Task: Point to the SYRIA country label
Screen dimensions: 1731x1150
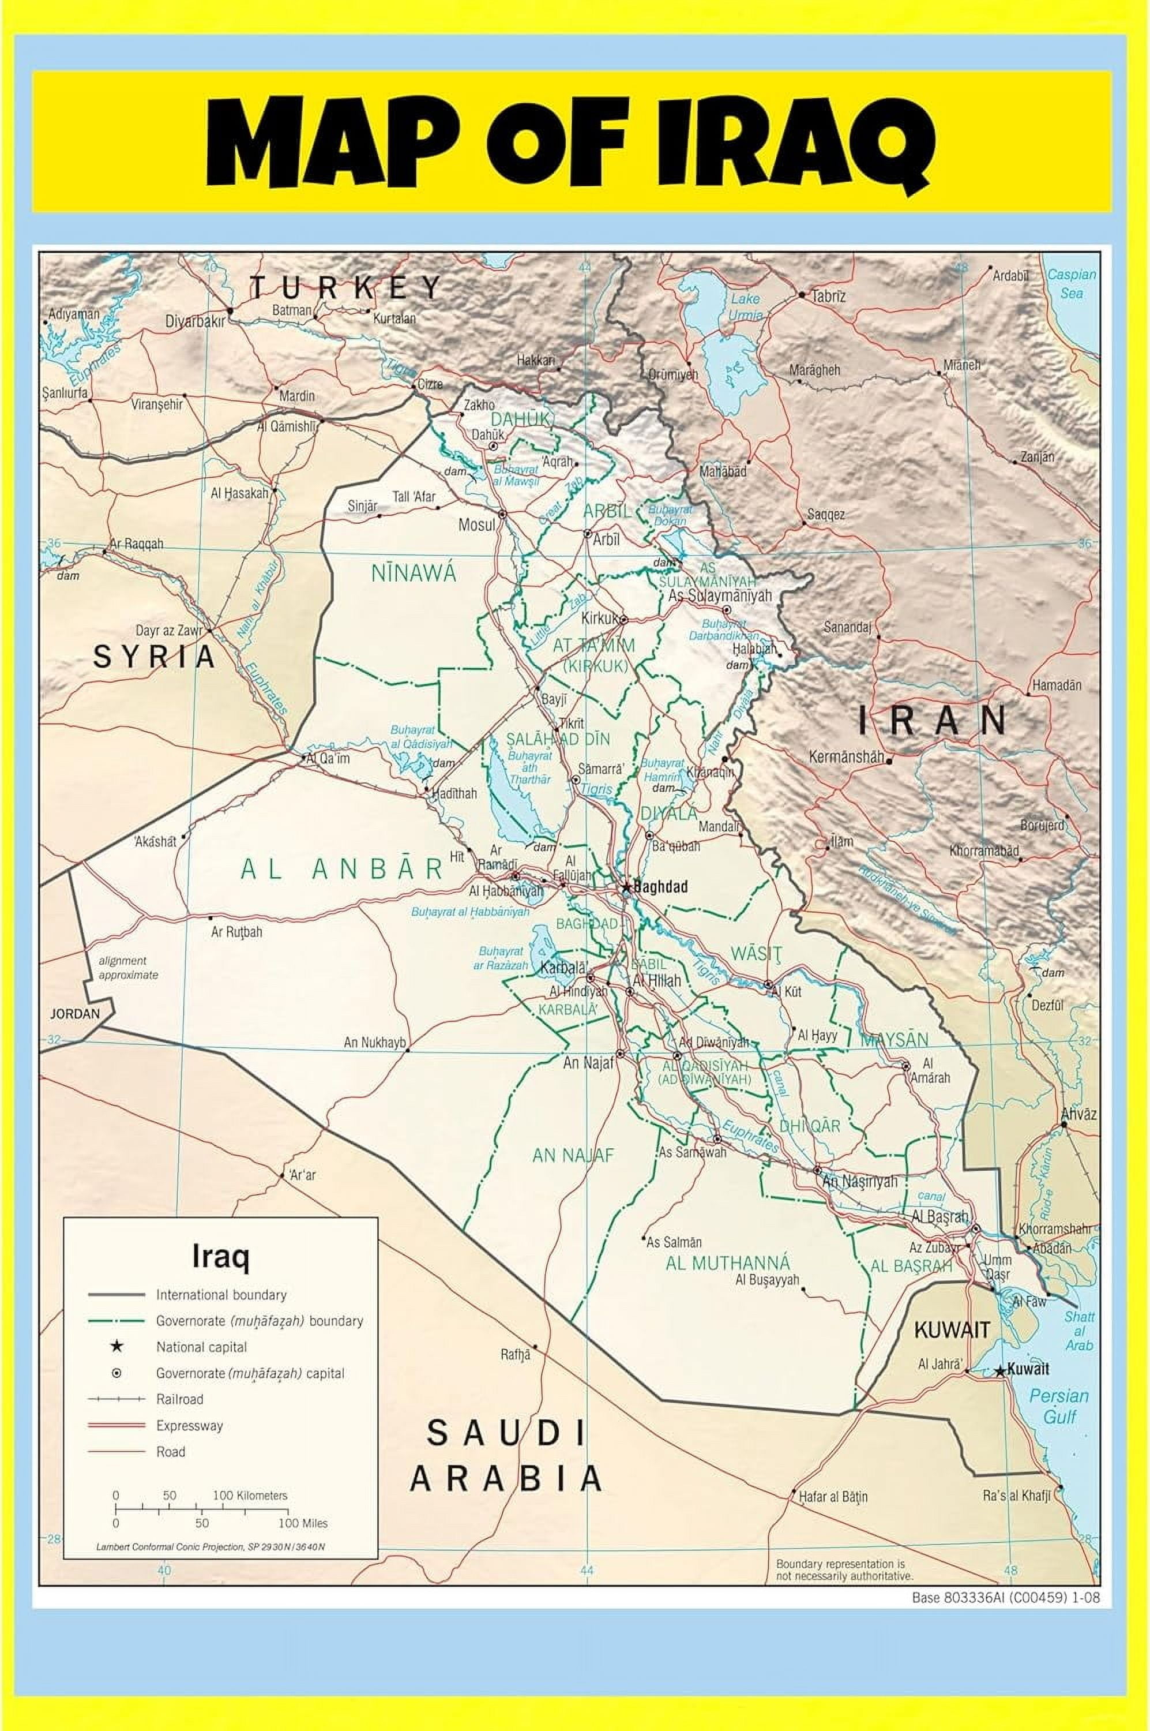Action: (x=155, y=657)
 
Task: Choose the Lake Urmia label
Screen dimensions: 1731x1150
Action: (x=745, y=306)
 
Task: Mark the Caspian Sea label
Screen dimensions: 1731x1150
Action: (x=1072, y=283)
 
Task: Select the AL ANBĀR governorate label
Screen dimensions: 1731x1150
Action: (x=342, y=870)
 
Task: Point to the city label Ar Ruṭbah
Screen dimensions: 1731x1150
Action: (x=236, y=932)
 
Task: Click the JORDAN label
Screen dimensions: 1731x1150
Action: (x=74, y=1014)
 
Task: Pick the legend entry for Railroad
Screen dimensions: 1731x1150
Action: (x=180, y=1399)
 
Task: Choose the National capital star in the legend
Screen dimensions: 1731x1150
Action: (x=116, y=1347)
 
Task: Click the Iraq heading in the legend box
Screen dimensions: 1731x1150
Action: (x=220, y=1257)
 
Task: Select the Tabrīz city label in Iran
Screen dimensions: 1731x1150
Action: (x=829, y=296)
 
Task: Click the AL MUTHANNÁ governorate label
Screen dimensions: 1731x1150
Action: (x=728, y=1263)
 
